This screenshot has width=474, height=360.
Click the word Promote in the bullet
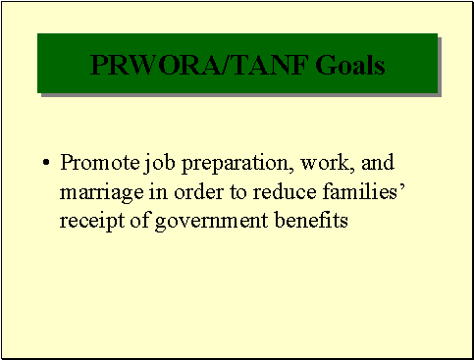[96, 161]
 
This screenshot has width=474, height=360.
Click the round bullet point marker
[46, 162]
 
